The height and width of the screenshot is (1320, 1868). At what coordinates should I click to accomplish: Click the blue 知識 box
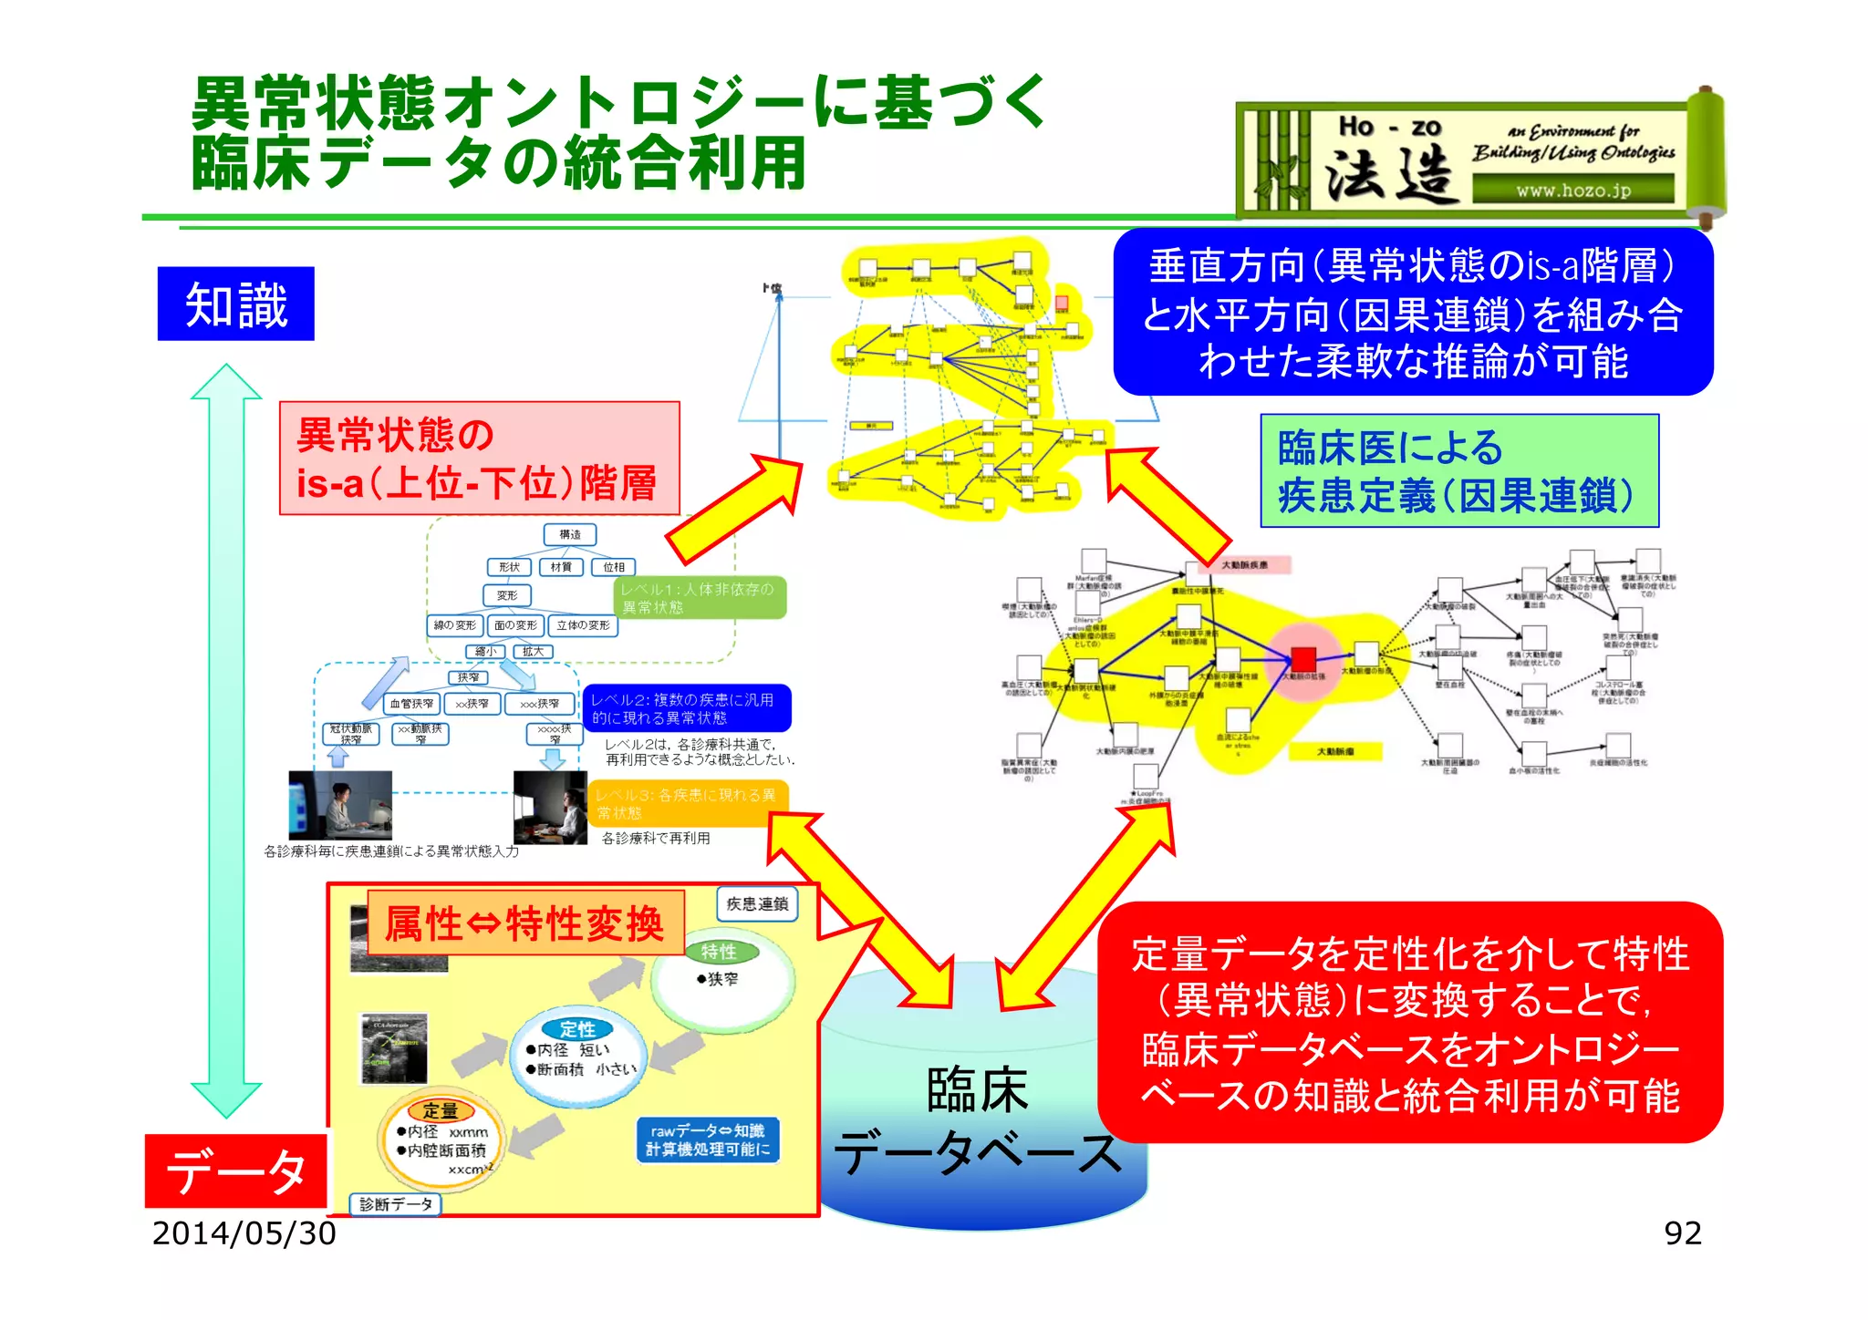coord(235,304)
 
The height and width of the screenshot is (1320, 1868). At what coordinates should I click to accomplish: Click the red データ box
coord(235,1170)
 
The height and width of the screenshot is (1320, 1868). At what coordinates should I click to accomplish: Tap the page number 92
coord(1682,1233)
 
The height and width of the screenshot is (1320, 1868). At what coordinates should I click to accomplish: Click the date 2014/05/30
coord(244,1233)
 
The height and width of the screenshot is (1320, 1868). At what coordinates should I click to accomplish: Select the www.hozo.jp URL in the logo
coord(1572,191)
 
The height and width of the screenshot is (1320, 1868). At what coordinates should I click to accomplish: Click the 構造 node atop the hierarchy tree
coord(570,534)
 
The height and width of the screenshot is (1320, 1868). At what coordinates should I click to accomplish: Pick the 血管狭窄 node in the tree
coord(412,704)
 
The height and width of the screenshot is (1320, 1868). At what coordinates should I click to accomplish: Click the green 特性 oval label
coord(720,951)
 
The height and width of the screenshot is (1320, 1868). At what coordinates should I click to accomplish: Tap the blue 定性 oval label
coord(577,1028)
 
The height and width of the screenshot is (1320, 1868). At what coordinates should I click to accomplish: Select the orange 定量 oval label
coord(441,1109)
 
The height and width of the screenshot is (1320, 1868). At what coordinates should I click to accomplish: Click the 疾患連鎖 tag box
coord(757,903)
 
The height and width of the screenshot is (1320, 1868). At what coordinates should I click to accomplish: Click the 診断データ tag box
coord(396,1204)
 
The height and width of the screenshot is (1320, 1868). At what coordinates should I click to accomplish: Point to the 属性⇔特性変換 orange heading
coord(524,923)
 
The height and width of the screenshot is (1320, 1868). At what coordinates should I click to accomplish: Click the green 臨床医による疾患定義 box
coord(1458,470)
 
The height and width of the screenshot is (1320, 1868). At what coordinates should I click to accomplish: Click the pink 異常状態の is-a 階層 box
coord(479,459)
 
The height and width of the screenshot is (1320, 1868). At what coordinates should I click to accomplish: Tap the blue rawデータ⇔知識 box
coord(708,1140)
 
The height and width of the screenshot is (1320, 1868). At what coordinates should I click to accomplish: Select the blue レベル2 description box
coord(686,708)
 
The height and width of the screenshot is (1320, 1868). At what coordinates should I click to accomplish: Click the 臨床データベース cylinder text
coord(978,1121)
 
